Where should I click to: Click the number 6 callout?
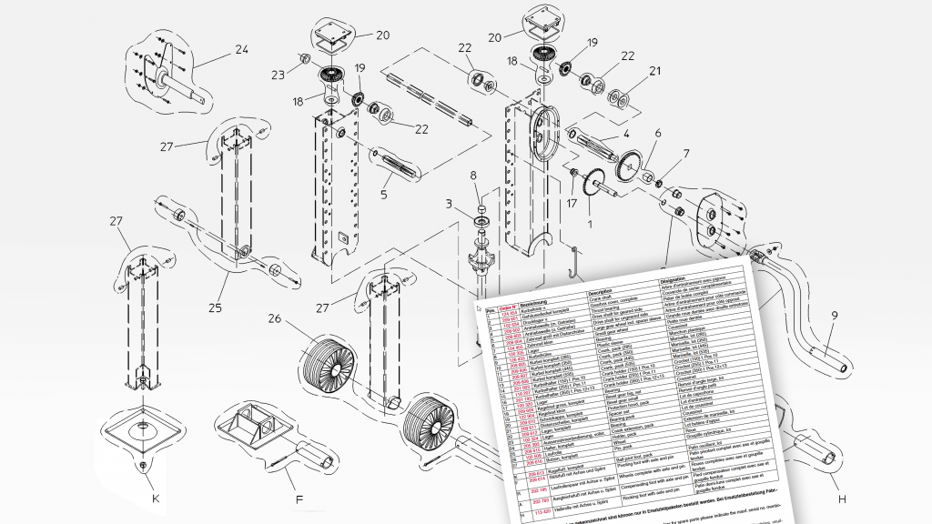[x=657, y=133]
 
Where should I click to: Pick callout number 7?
[x=686, y=153]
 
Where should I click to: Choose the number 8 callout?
[x=473, y=175]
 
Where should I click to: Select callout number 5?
[x=386, y=195]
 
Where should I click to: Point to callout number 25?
[x=215, y=307]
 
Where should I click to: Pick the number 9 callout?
[x=833, y=318]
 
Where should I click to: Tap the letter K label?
[x=156, y=498]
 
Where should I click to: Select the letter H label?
[x=842, y=498]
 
